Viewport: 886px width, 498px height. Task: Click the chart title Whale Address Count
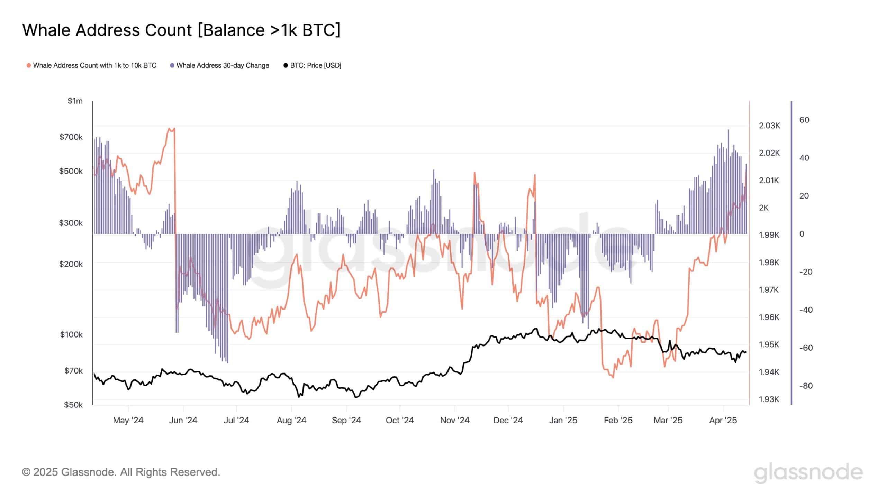(x=181, y=30)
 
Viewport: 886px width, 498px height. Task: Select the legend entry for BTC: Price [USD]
(x=312, y=65)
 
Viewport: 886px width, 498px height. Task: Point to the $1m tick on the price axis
(x=75, y=101)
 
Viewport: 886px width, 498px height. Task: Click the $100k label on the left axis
(x=71, y=334)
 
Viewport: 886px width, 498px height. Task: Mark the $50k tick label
(x=73, y=405)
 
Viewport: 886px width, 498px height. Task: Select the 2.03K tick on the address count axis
(x=769, y=126)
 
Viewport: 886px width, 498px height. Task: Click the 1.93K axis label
(x=769, y=399)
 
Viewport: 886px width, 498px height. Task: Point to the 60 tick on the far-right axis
(x=804, y=120)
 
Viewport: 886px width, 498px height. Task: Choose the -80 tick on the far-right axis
(x=806, y=386)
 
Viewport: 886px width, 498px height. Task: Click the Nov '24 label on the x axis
(x=455, y=420)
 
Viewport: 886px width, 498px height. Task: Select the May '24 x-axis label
(x=128, y=420)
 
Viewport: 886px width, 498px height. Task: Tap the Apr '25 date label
(x=723, y=420)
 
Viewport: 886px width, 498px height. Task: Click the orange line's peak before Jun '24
(x=169, y=129)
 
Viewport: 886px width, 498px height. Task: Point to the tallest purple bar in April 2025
(x=728, y=130)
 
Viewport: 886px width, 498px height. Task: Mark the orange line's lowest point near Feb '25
(x=613, y=377)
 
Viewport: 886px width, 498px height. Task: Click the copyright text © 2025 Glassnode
(x=121, y=472)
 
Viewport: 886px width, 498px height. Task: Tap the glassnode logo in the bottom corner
(x=808, y=472)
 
